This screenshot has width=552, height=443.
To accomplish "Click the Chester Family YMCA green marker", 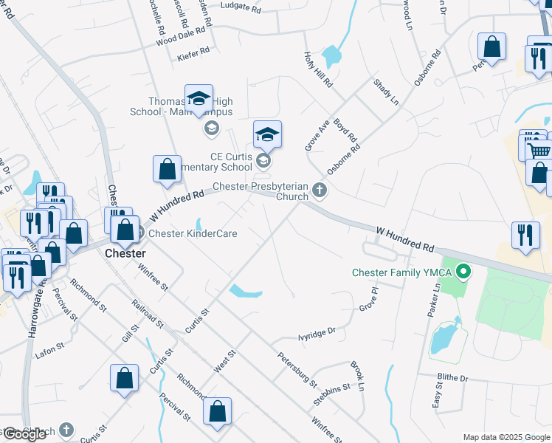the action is coord(463,272).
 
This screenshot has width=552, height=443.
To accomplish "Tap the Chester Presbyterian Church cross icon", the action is coord(320,190).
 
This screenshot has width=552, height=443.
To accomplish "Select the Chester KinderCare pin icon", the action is coord(140,233).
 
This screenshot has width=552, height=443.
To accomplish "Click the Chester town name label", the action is coord(126,253).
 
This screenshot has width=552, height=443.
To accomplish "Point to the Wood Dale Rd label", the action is coord(180,38).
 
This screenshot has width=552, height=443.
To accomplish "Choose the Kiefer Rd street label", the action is coord(194,54).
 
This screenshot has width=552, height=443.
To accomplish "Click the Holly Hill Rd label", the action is coord(318,70).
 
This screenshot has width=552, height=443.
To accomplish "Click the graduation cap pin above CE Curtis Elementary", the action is coord(267,134).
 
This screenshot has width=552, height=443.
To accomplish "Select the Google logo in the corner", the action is coord(24,434).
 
